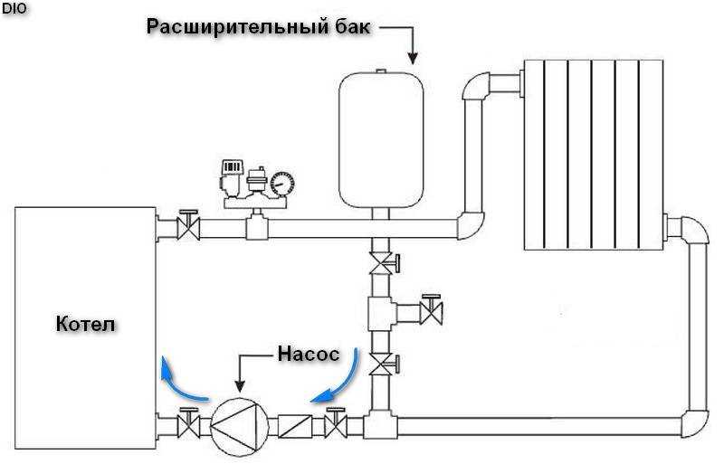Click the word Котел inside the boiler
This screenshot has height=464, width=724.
coord(85,324)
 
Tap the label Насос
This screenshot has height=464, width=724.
coord(308,355)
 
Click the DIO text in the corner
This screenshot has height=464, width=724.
coord(14,9)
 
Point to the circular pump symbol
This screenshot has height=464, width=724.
coord(240,427)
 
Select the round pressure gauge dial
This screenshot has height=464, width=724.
coord(281,183)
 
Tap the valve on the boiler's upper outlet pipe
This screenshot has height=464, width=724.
coord(189,225)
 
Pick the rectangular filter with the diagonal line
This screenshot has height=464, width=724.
coord(295,426)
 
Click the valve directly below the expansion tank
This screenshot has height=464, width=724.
coord(383,263)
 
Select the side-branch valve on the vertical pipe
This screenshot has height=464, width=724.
coord(431,310)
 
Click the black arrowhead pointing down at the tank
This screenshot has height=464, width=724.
coord(413,58)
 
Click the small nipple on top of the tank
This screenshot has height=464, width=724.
coord(380,71)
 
